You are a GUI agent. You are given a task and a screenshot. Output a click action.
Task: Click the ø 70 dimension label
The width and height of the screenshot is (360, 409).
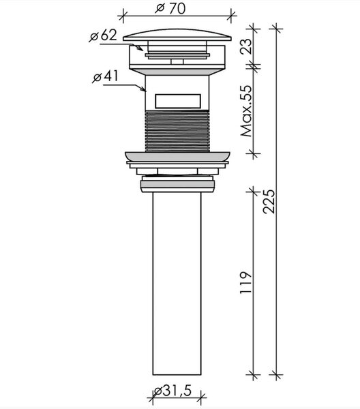click(170, 8)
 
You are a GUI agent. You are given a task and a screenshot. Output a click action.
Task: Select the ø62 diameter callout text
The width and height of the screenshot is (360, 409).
click(103, 35)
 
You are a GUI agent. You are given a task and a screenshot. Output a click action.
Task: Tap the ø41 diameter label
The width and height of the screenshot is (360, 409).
click(106, 76)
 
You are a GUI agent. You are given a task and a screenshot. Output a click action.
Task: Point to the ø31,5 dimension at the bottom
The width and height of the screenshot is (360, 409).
click(172, 391)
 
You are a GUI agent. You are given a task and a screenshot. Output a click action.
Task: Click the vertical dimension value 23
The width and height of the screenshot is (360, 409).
click(246, 46)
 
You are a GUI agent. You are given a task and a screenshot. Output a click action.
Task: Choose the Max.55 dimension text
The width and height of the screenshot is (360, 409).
click(247, 111)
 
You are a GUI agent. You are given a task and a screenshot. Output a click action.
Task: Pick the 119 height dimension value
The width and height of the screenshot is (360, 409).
click(245, 283)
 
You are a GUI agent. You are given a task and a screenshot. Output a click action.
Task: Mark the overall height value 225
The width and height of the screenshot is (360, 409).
click(269, 202)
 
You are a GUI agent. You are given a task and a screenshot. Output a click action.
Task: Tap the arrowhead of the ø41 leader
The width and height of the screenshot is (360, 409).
click(143, 89)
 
